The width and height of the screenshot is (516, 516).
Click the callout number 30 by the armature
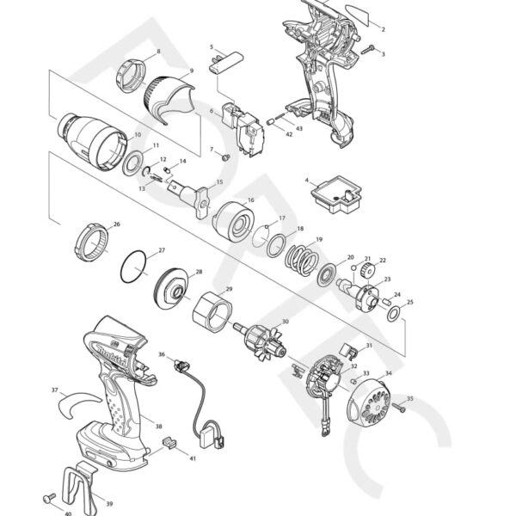[x=285, y=322]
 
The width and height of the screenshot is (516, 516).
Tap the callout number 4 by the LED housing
[x=306, y=181]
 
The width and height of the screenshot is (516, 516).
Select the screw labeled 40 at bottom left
[x=50, y=497]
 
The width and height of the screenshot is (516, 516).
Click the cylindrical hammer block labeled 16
[x=232, y=221]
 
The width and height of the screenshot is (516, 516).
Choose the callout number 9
[x=191, y=71]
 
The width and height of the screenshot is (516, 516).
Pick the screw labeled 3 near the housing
[x=368, y=48]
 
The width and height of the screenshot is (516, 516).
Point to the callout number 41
[x=193, y=458]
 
